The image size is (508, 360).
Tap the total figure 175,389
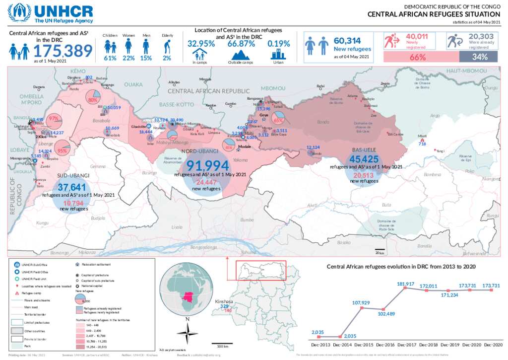63,51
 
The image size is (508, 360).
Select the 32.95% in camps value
201,44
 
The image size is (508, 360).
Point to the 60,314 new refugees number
347,41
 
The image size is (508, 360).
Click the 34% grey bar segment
479,57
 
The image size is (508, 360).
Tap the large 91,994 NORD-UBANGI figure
207,165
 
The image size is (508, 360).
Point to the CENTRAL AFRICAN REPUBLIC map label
208,91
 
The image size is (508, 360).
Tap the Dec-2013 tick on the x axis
320,344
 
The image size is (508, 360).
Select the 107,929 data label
362,303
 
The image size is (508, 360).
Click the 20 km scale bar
380,250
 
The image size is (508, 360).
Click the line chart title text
401,267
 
